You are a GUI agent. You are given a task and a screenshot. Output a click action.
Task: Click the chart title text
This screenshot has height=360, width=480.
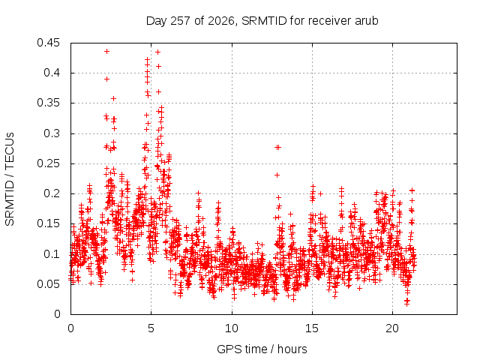point(262,21)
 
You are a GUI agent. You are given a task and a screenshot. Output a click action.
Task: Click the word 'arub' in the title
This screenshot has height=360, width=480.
point(367,21)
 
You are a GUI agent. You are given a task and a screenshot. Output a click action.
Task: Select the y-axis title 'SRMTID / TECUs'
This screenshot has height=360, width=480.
point(10,179)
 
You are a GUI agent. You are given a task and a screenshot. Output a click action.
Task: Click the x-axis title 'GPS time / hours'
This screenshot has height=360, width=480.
point(262,349)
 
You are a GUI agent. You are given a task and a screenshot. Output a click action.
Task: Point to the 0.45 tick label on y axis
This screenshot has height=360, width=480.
point(48,43)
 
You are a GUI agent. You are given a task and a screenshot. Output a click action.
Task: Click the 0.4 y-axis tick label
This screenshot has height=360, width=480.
point(52,73)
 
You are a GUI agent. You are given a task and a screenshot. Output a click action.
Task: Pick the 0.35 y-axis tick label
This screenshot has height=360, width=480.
point(48,103)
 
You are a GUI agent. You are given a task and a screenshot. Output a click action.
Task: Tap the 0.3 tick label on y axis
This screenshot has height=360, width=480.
point(52,133)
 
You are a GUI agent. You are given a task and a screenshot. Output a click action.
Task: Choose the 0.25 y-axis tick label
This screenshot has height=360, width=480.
point(48,163)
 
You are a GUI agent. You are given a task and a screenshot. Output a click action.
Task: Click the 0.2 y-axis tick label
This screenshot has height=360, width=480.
point(52,193)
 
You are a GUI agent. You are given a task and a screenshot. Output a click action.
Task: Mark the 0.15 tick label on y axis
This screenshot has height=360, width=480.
point(48,223)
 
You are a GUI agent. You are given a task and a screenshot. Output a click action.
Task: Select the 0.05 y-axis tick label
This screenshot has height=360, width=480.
point(48,284)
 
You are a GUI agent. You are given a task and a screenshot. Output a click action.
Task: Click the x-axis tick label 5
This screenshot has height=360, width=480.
point(151,328)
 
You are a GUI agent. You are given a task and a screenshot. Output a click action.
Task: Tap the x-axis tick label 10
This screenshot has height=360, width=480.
point(232,328)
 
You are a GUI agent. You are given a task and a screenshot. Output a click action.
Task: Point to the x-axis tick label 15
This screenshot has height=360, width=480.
point(312,328)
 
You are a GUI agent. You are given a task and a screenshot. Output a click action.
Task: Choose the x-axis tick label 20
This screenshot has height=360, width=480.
point(392,328)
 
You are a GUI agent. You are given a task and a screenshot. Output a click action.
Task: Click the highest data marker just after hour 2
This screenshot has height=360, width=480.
point(106,52)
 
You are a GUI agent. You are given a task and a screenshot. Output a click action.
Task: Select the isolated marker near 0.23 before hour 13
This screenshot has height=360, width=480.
point(277,175)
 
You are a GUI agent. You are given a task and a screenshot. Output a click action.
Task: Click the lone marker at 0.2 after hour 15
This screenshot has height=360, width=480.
point(321,193)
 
